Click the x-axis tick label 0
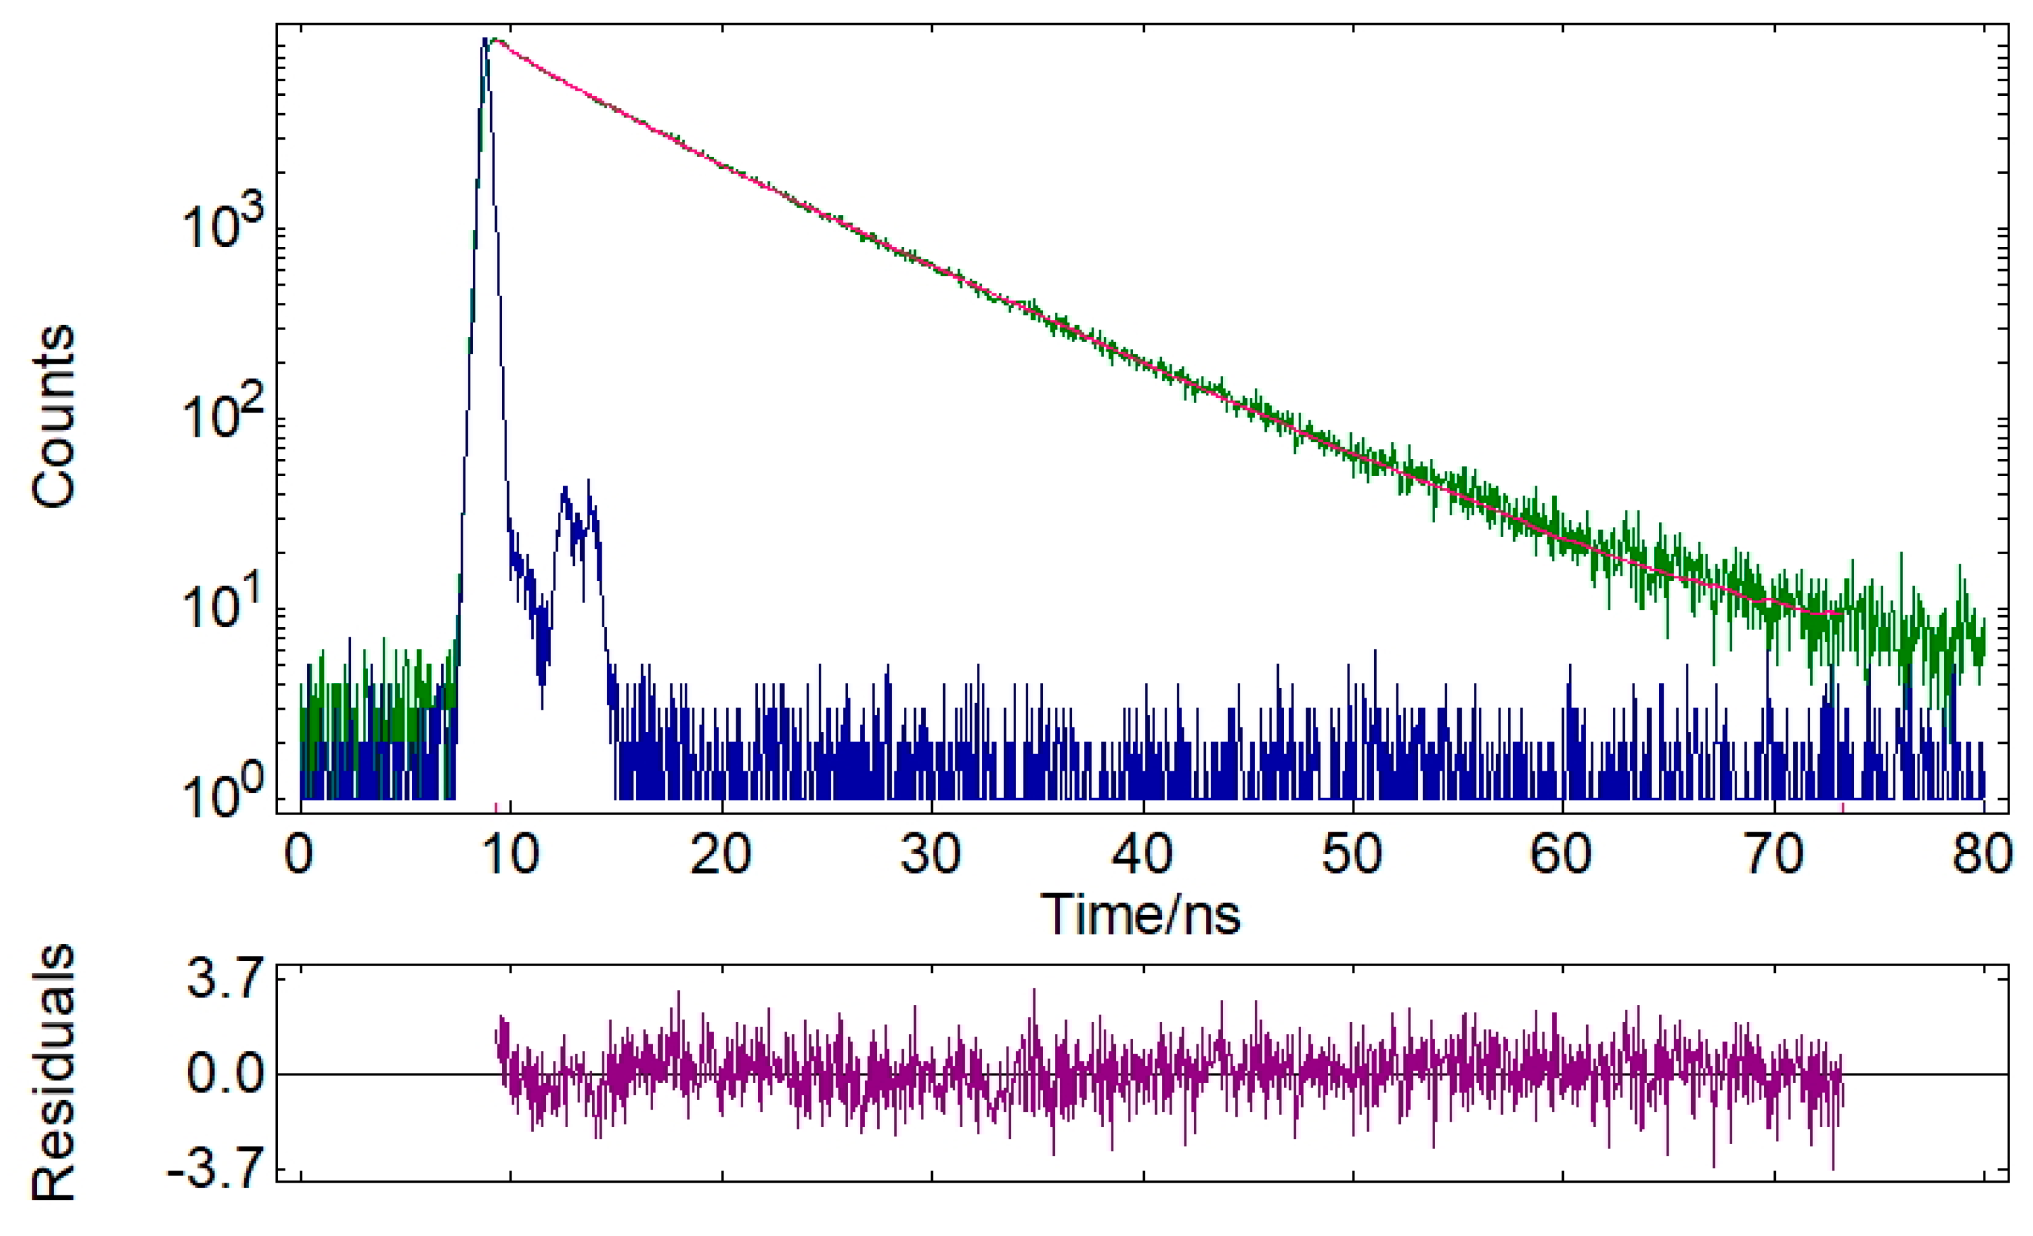[299, 855]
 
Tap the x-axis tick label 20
[721, 855]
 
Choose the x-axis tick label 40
[1142, 855]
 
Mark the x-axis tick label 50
[1353, 855]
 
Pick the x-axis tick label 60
[1563, 855]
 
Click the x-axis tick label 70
[1774, 855]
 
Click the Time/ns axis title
[1141, 916]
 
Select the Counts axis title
[53, 416]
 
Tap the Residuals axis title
[53, 1073]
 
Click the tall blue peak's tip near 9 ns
[485, 39]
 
